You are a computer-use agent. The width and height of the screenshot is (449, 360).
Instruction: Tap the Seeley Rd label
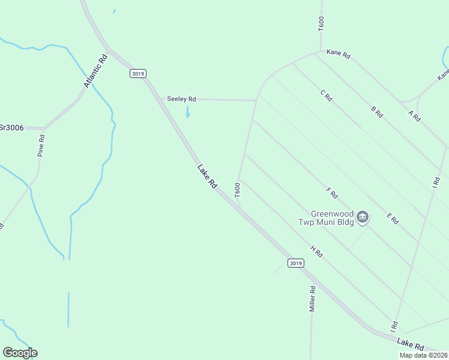click(x=181, y=99)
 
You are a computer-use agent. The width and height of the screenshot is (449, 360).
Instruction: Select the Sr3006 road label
click(x=11, y=127)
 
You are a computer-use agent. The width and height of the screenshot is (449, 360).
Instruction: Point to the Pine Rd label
click(x=41, y=145)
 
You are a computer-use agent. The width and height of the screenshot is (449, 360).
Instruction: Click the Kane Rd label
click(x=338, y=53)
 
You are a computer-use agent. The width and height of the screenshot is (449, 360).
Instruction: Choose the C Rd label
click(x=326, y=95)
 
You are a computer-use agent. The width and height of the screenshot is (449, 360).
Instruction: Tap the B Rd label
click(x=377, y=112)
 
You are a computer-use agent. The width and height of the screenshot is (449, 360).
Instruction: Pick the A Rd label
click(x=414, y=116)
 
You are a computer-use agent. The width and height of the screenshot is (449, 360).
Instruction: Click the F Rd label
click(x=332, y=193)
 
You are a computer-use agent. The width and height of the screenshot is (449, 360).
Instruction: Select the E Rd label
click(x=393, y=218)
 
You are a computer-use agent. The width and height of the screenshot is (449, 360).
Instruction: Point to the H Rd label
click(x=317, y=251)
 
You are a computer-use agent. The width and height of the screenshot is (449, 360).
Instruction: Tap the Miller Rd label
click(x=312, y=298)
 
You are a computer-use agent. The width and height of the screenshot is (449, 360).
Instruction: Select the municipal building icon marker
click(x=363, y=217)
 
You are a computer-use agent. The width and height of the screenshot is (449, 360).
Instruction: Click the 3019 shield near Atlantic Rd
click(x=137, y=73)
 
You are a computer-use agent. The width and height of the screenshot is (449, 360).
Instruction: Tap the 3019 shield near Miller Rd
click(x=296, y=263)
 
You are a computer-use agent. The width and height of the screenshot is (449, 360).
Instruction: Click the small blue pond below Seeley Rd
click(x=188, y=112)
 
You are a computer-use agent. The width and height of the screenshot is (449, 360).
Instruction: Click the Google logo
click(x=20, y=353)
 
